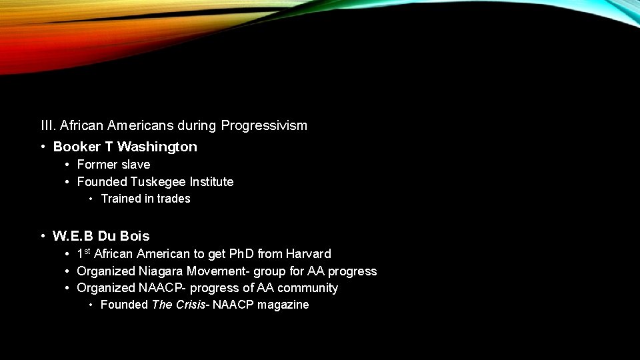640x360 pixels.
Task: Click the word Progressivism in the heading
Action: tap(264, 125)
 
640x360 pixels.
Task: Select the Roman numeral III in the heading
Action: tap(47, 125)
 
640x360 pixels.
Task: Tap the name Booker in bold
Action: tap(77, 147)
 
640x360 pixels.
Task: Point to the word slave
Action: tap(135, 165)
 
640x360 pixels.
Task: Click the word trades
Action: tap(175, 199)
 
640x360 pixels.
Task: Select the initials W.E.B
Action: tap(73, 236)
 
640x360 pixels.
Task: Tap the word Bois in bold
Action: tap(136, 236)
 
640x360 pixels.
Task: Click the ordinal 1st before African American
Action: tap(84, 253)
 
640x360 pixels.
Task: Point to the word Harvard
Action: tap(309, 254)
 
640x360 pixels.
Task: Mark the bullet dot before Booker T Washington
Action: tap(42, 147)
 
